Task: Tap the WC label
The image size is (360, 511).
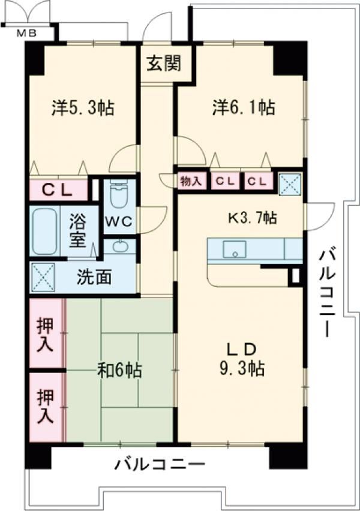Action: pos(118,221)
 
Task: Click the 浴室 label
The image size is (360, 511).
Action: pos(77,231)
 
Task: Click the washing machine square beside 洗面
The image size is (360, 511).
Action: pos(44,277)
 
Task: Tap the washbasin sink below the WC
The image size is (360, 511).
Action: pos(119,246)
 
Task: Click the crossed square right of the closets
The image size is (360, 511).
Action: pos(290,183)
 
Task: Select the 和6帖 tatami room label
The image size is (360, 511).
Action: pos(121,371)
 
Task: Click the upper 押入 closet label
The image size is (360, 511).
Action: pos(46,334)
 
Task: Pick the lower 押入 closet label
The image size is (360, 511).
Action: pos(46,406)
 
